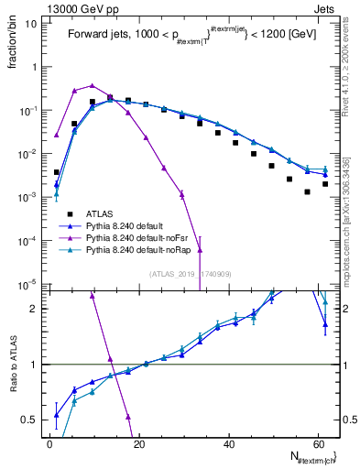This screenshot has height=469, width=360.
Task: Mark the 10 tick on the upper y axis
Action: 33,24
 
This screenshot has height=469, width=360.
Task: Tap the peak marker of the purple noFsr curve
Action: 92,84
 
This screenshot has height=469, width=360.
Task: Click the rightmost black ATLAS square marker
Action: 325,184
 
